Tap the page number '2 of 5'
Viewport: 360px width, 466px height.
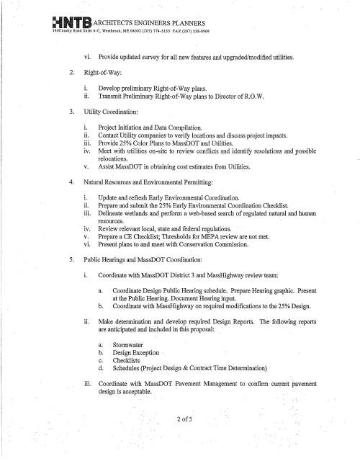[180, 420]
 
